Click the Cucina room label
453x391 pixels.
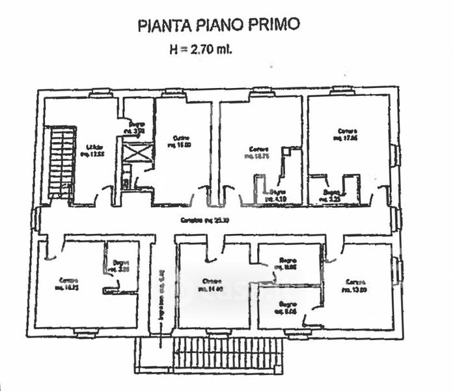(x=182, y=141)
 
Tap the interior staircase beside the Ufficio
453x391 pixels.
(x=61, y=163)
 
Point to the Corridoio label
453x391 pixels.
(x=200, y=220)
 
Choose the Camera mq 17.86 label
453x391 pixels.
(x=344, y=134)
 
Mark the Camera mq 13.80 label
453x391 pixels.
(x=356, y=285)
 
